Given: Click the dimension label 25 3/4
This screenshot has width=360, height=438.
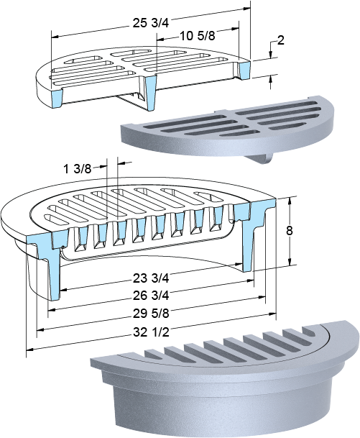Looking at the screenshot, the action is pyautogui.click(x=151, y=23).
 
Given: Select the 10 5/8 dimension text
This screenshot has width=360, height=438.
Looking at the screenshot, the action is pyautogui.click(x=197, y=36).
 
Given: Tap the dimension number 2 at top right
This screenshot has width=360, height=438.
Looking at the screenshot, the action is pyautogui.click(x=281, y=40).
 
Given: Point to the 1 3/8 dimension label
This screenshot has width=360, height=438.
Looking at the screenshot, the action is pyautogui.click(x=78, y=169).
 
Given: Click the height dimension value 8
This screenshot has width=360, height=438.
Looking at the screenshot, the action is pyautogui.click(x=290, y=232).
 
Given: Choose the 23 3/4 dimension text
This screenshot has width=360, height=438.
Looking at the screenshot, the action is pyautogui.click(x=151, y=278).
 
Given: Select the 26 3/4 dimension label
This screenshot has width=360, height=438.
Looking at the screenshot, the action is pyautogui.click(x=151, y=296).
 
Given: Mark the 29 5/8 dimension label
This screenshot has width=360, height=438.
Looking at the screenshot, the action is pyautogui.click(x=151, y=314).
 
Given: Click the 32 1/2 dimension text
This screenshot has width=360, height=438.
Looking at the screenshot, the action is pyautogui.click(x=151, y=332).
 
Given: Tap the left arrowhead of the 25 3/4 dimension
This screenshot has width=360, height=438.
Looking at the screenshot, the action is pyautogui.click(x=55, y=36).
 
